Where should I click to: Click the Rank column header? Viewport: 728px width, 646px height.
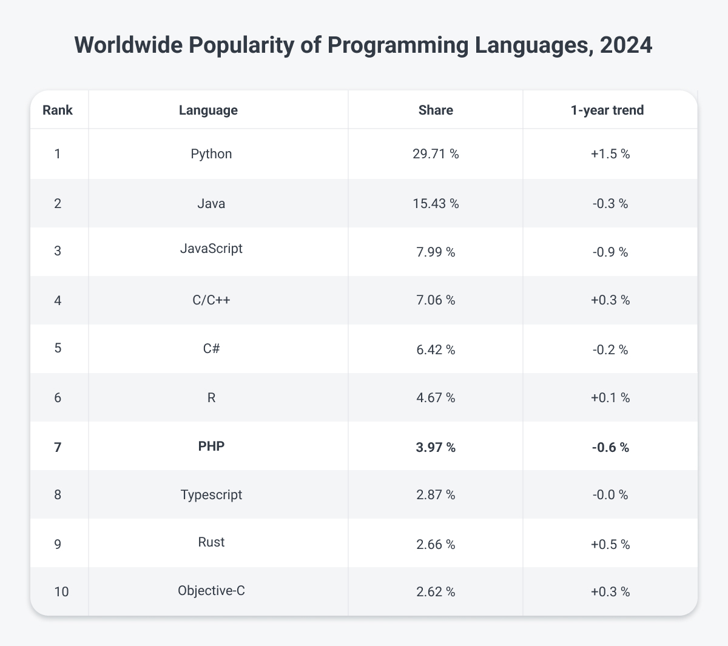[58, 110]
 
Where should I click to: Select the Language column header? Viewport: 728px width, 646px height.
[208, 110]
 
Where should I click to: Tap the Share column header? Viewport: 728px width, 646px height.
[436, 110]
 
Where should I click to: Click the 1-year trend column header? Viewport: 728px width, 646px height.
[610, 110]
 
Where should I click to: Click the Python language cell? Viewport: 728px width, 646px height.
[211, 154]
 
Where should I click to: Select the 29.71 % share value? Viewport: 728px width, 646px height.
[436, 154]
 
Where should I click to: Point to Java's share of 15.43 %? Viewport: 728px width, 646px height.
[436, 204]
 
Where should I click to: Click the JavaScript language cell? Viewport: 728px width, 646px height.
[211, 248]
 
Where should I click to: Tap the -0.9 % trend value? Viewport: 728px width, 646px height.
[610, 252]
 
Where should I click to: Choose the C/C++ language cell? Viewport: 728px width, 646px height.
[211, 300]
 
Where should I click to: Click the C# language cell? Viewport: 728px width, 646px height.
[211, 349]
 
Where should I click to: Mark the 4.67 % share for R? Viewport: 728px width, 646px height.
[436, 399]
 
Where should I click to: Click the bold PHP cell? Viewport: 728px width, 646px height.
[211, 446]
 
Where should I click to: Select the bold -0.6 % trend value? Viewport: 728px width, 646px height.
[610, 448]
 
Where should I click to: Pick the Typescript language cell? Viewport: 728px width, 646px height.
[211, 495]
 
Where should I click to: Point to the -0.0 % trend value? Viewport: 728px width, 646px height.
[610, 496]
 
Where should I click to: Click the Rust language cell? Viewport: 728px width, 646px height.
[211, 542]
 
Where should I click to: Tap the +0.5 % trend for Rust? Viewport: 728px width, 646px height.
[610, 545]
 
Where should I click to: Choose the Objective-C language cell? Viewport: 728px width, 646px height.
[211, 590]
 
